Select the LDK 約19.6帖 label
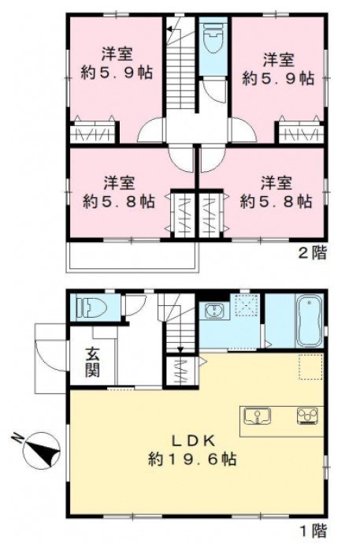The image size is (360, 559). coord(192,450)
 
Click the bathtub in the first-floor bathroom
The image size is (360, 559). coord(310,320)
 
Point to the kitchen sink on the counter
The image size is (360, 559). coord(257,416)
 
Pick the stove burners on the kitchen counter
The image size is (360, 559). coord(307,416)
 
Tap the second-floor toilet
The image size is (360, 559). coord(213,39)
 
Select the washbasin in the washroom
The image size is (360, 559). coord(213,310)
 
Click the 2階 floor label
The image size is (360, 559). coord(312,253)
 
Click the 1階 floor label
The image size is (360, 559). coord(314,531)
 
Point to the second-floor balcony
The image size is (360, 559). coord(133,257)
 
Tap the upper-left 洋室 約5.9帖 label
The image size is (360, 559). coord(117,64)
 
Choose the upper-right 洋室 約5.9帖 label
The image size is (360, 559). coord(278,69)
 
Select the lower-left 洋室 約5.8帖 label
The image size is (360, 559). coord(119,192)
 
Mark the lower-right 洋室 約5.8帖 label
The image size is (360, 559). coord(276,193)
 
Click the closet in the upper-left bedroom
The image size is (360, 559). coord(93,132)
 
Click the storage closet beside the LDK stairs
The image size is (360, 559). coord(181,371)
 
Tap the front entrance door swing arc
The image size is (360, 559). coord(50,356)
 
